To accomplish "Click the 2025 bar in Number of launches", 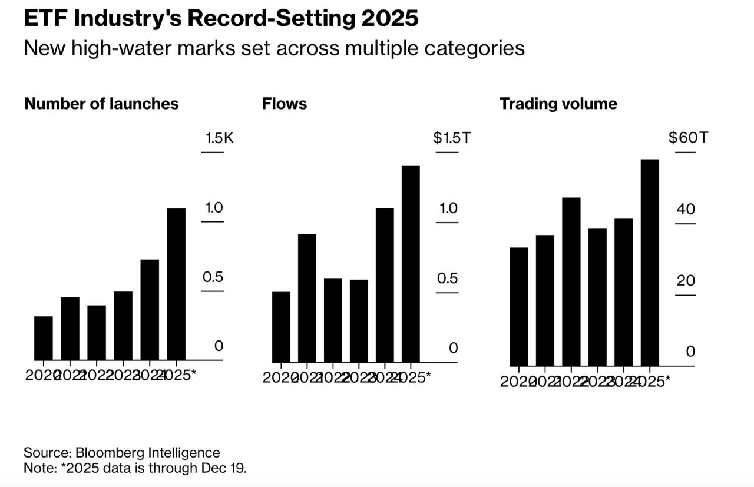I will point(176,284).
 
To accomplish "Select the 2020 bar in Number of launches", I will point(44,338).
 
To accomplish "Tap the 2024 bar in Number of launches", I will point(150,310).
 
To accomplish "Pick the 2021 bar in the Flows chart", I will point(307,298).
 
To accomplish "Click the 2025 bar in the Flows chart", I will point(411,264).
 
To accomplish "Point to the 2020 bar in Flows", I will point(281,327).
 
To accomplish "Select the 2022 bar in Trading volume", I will point(571,281).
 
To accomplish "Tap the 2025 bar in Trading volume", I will point(650,263).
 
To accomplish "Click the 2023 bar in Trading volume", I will point(597,297).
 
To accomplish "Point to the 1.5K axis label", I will point(219,138).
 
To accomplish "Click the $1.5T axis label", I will point(452,138).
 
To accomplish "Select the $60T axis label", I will point(687,138).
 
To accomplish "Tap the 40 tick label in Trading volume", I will point(686,209).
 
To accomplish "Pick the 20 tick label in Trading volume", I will point(686,280).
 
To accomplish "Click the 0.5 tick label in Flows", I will point(447,278).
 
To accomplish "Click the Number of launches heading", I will point(101,104).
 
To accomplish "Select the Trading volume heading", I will point(558,104).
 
